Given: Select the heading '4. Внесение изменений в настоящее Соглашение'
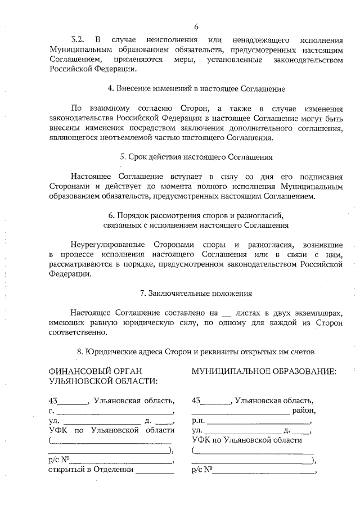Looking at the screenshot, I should pos(196,89).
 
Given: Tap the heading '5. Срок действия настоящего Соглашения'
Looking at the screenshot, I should pos(196,157).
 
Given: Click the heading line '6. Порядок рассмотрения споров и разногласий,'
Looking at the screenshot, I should pos(196,215).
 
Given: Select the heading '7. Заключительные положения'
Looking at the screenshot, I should pos(196,293).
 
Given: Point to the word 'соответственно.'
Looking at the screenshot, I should pos(78,332).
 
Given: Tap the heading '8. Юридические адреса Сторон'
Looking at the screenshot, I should pos(196,352).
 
